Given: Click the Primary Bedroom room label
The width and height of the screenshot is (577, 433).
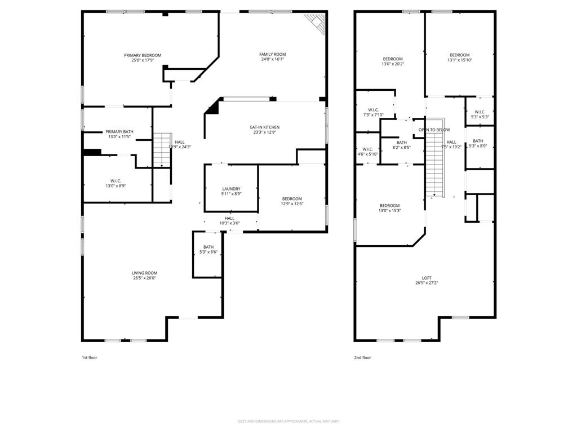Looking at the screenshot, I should (x=143, y=55).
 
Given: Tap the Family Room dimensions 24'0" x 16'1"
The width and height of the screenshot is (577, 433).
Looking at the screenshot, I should (x=272, y=59).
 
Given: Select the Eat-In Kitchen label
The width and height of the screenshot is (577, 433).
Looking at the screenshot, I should (x=265, y=127).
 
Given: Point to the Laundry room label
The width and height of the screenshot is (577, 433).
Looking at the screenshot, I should (x=231, y=189).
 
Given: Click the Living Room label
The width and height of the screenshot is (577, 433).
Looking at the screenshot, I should (x=145, y=273).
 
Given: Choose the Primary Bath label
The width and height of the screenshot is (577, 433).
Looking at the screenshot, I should (x=119, y=131).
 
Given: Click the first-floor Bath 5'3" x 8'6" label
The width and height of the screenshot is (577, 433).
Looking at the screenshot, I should (x=208, y=247).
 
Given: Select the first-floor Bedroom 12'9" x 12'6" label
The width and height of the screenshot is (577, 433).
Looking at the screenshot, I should (x=292, y=198).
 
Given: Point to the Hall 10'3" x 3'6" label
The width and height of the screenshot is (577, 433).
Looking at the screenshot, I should (x=229, y=218).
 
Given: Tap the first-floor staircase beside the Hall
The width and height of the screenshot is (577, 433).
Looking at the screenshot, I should (x=162, y=149).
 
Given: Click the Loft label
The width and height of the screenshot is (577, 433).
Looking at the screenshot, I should (x=427, y=278).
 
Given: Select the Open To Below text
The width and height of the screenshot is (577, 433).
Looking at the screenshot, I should (x=434, y=130).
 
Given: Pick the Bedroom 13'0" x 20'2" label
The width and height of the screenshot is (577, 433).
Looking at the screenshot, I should (x=393, y=59).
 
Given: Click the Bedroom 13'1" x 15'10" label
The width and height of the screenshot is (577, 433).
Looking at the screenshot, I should (x=459, y=55).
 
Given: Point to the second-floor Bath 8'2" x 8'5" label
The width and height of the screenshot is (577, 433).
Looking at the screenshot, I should (x=401, y=143).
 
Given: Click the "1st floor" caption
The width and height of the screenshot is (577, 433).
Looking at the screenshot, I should (x=90, y=357).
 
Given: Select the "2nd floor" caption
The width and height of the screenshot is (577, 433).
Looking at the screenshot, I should (x=362, y=357).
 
